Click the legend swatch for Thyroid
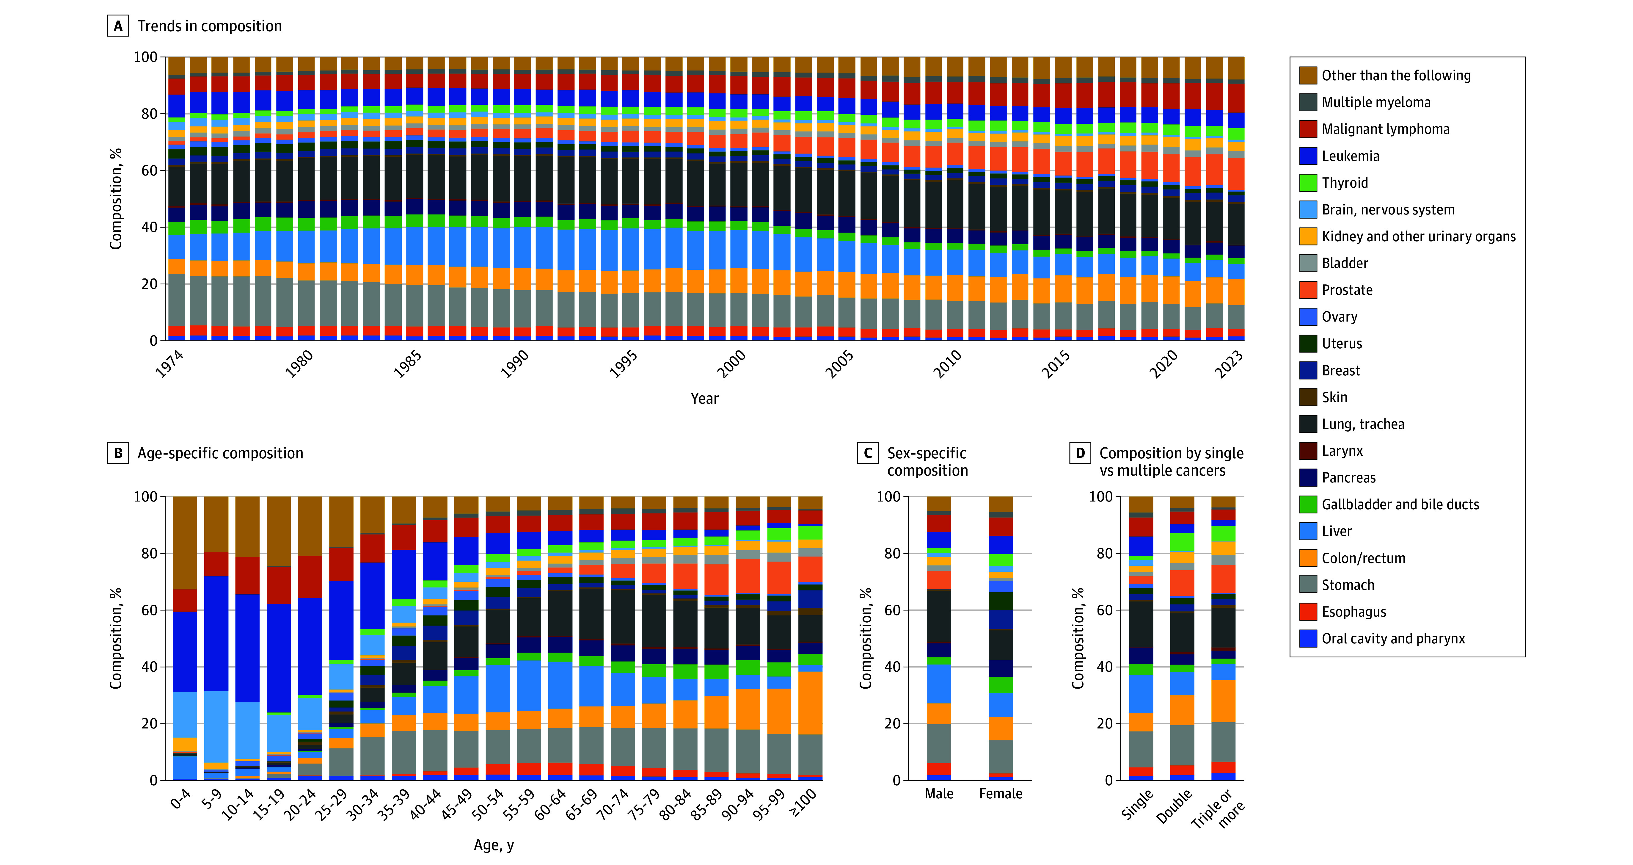(x=1308, y=183)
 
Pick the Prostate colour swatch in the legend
(x=1308, y=290)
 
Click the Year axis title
(x=704, y=398)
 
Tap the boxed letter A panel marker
(x=118, y=26)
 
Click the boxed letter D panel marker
(x=1080, y=453)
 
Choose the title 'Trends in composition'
(x=210, y=26)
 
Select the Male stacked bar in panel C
(x=939, y=638)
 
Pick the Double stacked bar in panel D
(x=1182, y=638)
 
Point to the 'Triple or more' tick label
(x=1219, y=808)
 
